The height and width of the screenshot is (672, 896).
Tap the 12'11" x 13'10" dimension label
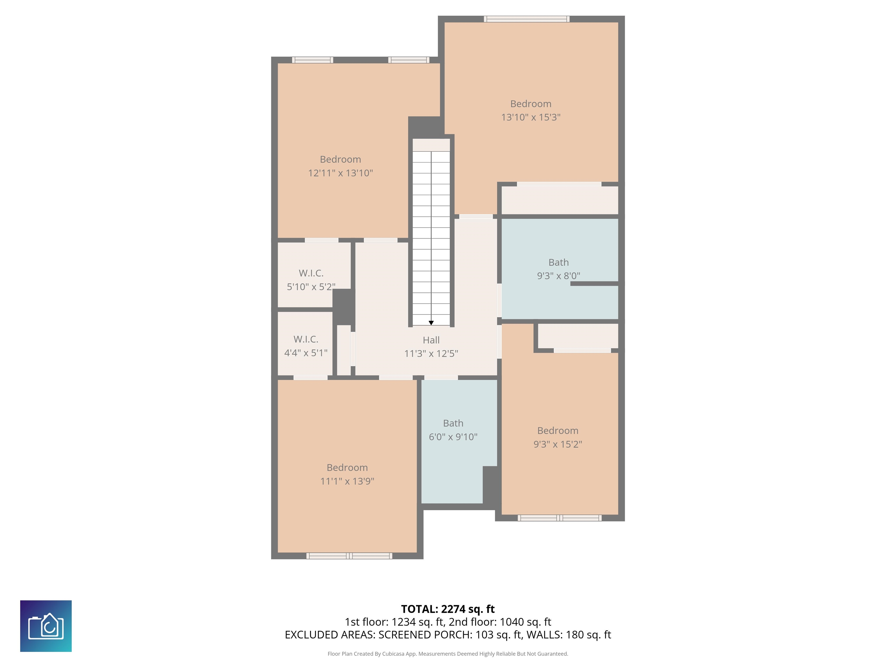tap(340, 173)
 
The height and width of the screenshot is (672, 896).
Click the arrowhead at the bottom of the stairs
tap(431, 323)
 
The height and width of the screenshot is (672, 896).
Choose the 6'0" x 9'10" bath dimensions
tap(453, 437)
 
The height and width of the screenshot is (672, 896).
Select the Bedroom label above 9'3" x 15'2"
tap(558, 430)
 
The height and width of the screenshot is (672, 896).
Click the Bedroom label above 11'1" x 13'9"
tap(347, 468)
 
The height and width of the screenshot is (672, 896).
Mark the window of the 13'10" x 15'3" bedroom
tap(526, 19)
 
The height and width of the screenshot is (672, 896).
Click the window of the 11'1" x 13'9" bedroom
tap(349, 556)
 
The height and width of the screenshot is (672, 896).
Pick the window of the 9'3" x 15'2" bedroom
tap(559, 518)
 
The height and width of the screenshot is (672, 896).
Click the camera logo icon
tap(46, 626)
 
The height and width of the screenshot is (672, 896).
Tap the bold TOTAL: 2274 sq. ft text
tap(448, 609)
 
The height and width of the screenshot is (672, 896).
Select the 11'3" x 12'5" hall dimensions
tap(431, 353)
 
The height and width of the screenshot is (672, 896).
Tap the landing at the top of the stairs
tap(431, 145)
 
